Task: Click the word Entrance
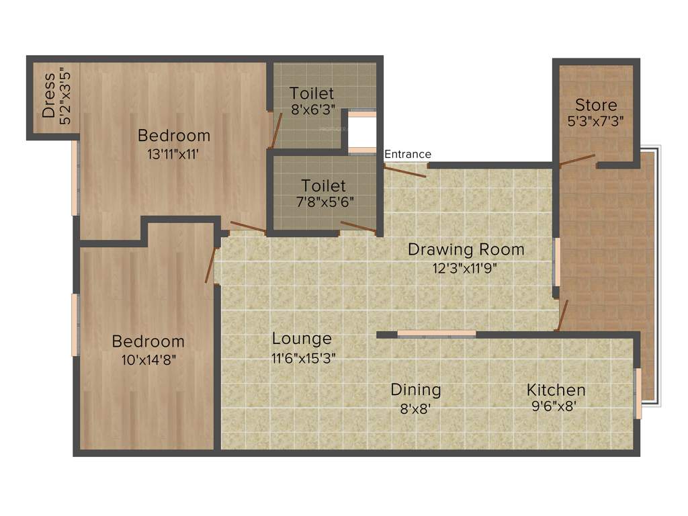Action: click(x=408, y=155)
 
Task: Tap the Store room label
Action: click(x=596, y=105)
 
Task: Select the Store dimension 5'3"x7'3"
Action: click(x=596, y=122)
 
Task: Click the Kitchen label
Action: click(x=556, y=390)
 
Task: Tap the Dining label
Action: click(x=416, y=390)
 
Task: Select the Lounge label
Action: click(x=302, y=339)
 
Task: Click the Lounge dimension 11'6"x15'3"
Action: click(x=304, y=358)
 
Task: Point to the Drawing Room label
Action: click(x=466, y=250)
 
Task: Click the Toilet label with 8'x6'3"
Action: click(x=312, y=93)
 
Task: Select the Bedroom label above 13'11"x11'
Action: click(x=173, y=136)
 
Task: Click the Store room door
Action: click(x=577, y=160)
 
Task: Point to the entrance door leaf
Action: click(x=404, y=171)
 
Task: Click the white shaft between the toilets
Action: click(x=361, y=132)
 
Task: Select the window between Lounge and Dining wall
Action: click(x=437, y=333)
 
